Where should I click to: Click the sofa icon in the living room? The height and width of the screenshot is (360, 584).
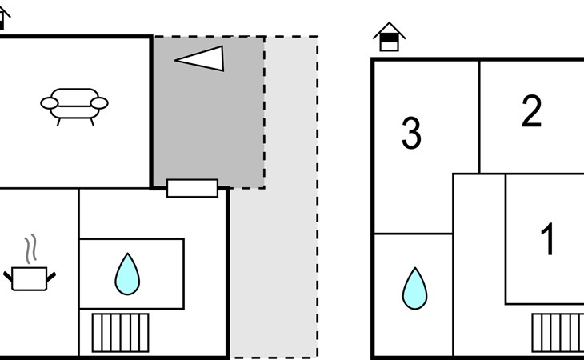coord(74,104)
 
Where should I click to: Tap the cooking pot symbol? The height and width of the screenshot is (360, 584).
coord(31,278)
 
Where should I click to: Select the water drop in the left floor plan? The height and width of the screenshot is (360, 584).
coord(127,274)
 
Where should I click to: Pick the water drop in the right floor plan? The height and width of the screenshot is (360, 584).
coord(414,289)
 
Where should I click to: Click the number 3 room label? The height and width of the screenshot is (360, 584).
coord(411,134)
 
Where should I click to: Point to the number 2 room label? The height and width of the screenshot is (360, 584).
coord(531,112)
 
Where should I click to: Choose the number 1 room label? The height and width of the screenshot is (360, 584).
coord(548,239)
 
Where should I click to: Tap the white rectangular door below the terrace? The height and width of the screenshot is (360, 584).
coord(192,188)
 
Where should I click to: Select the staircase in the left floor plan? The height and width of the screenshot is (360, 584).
coord(120,332)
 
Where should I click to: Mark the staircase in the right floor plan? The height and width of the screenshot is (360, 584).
coord(558,332)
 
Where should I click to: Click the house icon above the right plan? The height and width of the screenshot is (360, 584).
coord(389,37)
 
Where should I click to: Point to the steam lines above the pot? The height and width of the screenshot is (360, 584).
coord(31,249)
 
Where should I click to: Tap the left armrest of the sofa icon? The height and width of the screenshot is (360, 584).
coord(49,102)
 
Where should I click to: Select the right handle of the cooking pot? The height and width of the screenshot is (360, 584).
coord(52,277)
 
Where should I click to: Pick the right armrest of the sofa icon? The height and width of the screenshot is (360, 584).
coord(99,102)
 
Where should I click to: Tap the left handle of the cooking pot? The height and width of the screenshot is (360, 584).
coord(10,277)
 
